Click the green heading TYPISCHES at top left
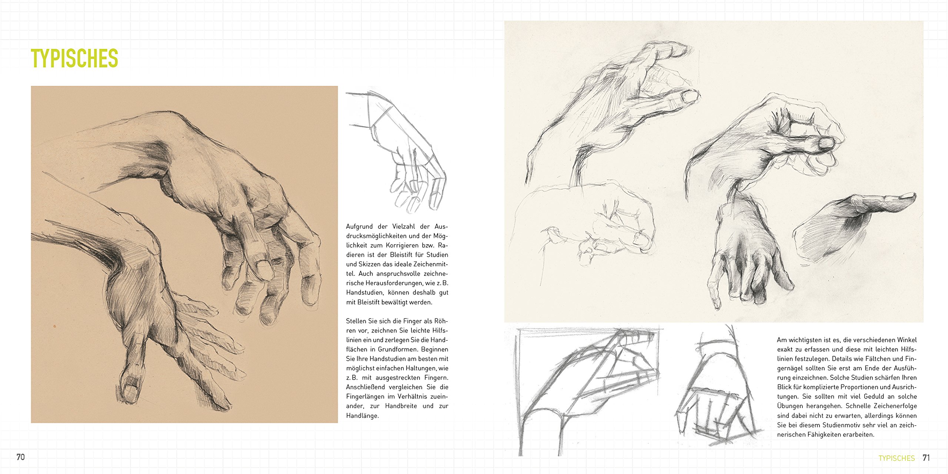tap(74, 58)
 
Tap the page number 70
tap(21, 457)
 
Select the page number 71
tap(926, 458)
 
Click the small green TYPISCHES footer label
tap(897, 458)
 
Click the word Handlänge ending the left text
tap(363, 416)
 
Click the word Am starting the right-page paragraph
tap(782, 340)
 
